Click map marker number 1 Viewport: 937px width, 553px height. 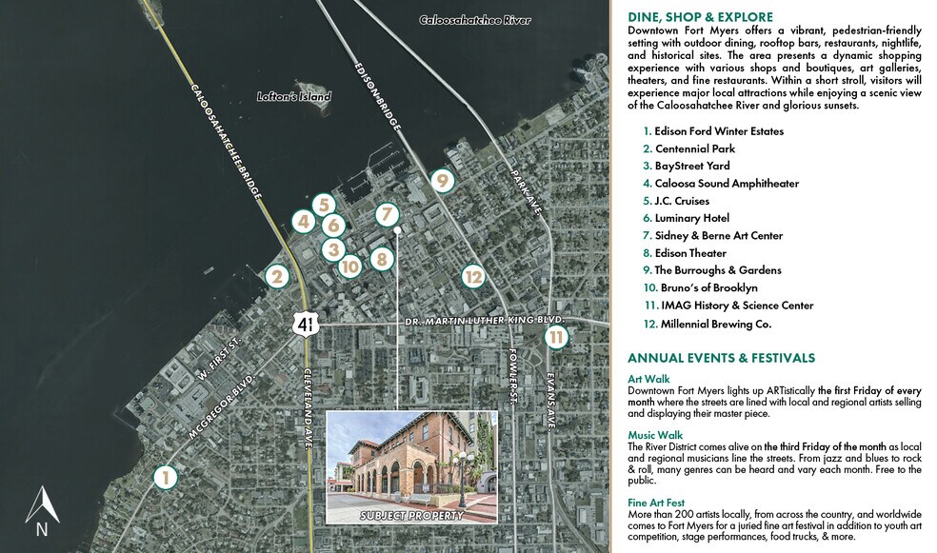(166, 477)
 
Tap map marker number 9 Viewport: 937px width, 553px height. (441, 179)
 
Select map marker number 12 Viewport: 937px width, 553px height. (473, 276)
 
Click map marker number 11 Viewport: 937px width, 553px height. (557, 336)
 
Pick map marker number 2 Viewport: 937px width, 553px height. (277, 277)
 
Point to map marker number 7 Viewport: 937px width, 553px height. (386, 215)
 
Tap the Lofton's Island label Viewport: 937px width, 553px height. (294, 97)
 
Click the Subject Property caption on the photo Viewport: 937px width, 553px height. (411, 516)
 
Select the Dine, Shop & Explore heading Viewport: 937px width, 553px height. (700, 16)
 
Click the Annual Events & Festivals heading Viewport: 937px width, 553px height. (721, 358)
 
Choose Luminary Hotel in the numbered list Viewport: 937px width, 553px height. (691, 218)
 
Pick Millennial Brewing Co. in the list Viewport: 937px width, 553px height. (707, 324)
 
